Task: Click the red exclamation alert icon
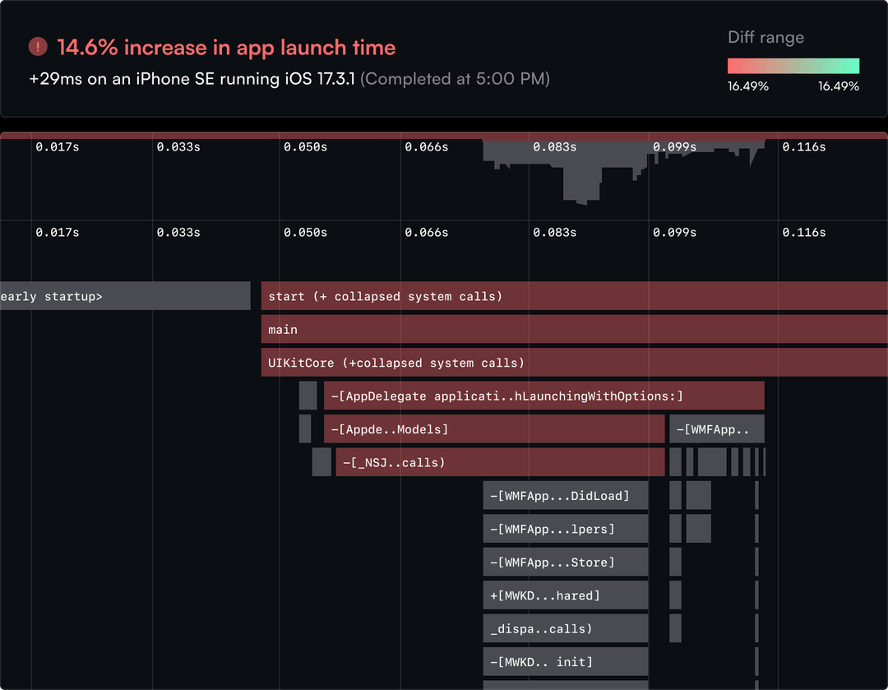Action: (38, 47)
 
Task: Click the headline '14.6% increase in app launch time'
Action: (226, 48)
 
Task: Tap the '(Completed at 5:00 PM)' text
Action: (455, 79)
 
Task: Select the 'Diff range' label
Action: (765, 38)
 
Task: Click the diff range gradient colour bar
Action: (793, 66)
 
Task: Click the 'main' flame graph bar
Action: (574, 330)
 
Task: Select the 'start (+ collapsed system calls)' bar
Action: (574, 296)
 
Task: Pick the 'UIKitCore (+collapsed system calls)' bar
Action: (574, 363)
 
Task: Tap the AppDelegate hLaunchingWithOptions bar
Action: (543, 396)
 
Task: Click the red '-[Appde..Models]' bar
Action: (493, 429)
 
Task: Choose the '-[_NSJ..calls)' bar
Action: (500, 462)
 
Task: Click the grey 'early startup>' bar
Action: (123, 296)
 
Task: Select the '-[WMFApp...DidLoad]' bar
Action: (566, 496)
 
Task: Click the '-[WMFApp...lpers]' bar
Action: (566, 529)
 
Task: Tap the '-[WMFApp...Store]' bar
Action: (566, 563)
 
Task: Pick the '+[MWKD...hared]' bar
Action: (566, 595)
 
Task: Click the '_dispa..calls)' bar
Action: (566, 628)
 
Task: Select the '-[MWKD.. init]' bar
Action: (566, 662)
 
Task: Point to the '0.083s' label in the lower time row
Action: (554, 233)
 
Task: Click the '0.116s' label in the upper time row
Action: (803, 147)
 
